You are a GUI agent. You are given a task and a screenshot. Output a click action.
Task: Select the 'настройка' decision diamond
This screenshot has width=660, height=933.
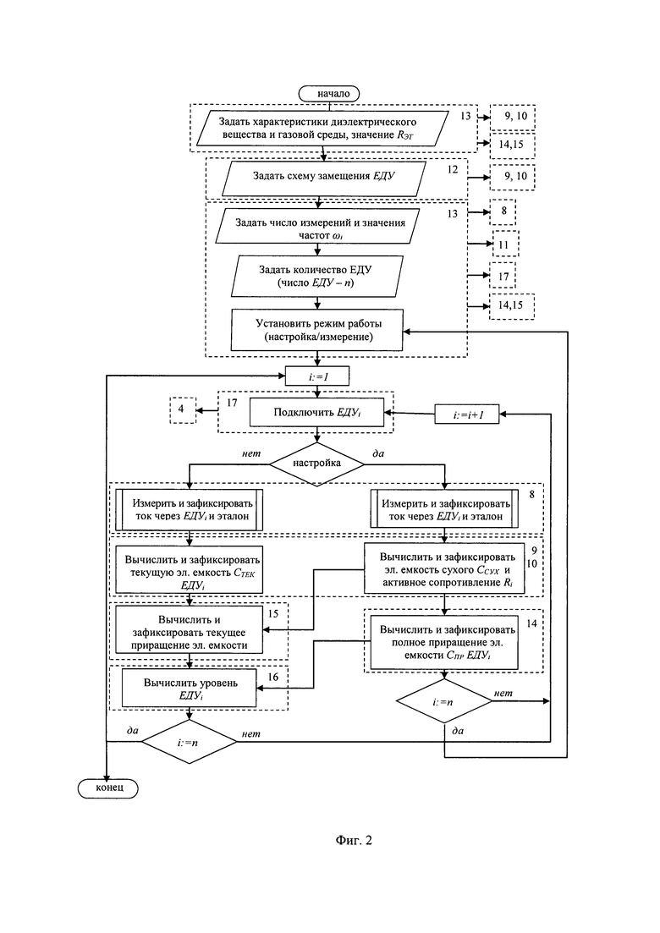(x=316, y=464)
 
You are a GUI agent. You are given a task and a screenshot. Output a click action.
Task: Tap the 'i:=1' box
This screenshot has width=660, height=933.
(x=317, y=376)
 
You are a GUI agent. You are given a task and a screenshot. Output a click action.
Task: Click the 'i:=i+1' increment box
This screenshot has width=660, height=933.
(x=467, y=414)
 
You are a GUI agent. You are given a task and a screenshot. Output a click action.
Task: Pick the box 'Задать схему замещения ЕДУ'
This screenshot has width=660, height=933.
(x=324, y=178)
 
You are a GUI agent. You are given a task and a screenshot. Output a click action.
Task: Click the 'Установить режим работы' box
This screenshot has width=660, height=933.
(x=317, y=330)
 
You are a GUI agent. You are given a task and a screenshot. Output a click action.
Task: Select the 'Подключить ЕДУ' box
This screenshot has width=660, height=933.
(x=316, y=412)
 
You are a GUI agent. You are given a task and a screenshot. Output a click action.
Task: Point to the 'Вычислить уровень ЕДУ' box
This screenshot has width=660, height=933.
(x=190, y=689)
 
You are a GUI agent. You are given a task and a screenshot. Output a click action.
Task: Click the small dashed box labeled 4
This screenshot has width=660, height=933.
(x=182, y=410)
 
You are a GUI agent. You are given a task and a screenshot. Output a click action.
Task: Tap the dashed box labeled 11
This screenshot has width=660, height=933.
(x=504, y=244)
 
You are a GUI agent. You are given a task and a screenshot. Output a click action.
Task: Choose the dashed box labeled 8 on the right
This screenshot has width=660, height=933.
(x=503, y=211)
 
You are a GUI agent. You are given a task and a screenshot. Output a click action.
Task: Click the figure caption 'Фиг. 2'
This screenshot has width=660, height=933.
(x=354, y=840)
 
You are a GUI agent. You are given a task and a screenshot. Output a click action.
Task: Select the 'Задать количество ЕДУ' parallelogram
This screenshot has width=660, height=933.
(x=316, y=276)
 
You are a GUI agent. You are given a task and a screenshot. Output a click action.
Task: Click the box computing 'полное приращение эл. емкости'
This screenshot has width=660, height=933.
(x=445, y=643)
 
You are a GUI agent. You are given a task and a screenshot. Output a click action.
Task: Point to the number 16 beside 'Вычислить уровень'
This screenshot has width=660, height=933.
(x=272, y=678)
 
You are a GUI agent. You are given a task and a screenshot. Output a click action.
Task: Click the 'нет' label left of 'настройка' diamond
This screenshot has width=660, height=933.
(x=251, y=453)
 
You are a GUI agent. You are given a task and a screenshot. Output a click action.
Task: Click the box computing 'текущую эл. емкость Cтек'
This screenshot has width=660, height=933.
(x=190, y=570)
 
